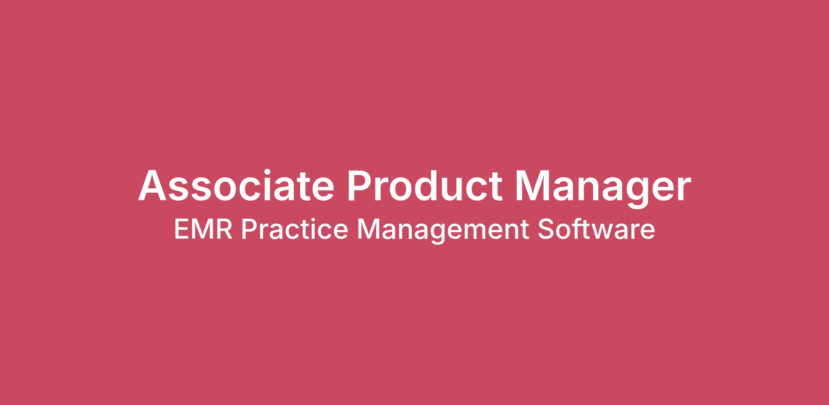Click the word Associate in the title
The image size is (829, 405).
click(x=236, y=185)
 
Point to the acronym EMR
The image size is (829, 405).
click(x=203, y=230)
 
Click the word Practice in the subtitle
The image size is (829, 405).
click(x=295, y=230)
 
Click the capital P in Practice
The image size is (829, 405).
click(x=248, y=230)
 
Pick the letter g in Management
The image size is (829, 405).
click(x=438, y=235)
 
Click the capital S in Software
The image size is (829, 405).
click(x=545, y=230)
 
